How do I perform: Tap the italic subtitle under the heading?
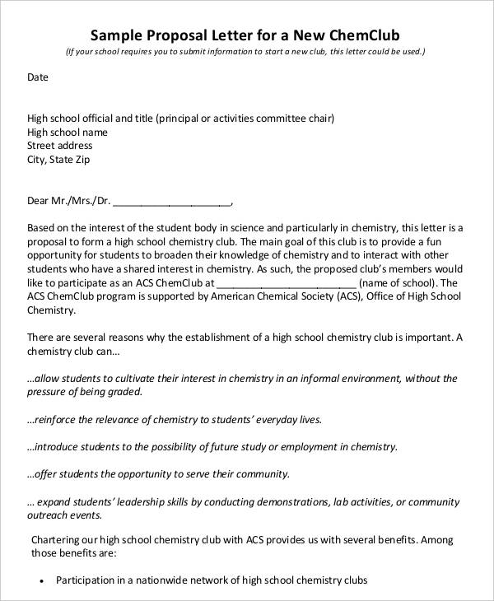pos(246,52)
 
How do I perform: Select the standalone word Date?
pos(38,77)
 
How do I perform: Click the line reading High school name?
pos(68,132)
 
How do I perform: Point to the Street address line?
pos(60,146)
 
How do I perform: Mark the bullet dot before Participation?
pos(41,580)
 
